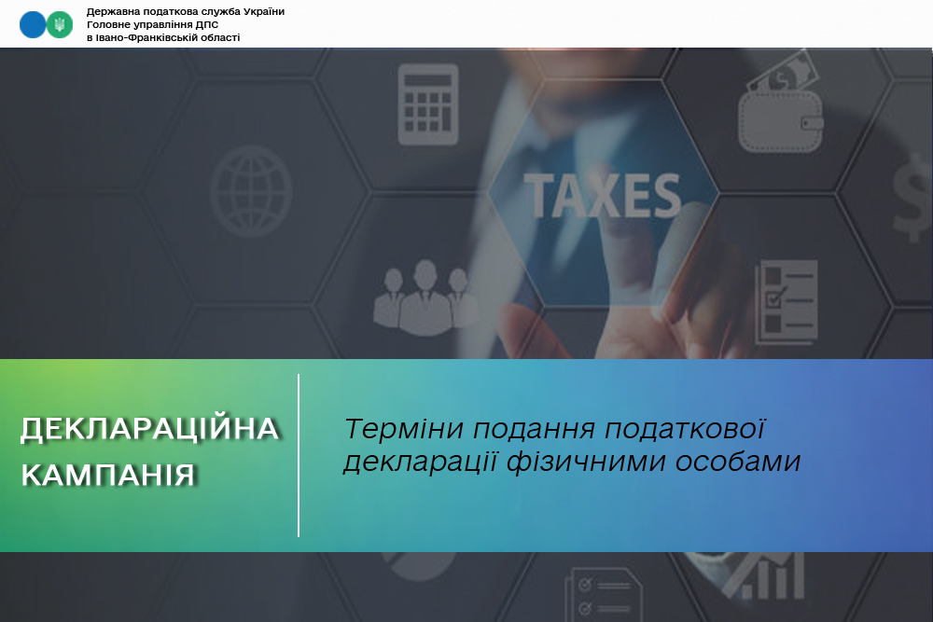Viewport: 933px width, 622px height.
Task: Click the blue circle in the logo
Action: coord(33,24)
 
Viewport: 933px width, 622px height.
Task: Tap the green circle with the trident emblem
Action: coord(60,24)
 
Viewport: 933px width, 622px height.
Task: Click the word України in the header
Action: coord(264,11)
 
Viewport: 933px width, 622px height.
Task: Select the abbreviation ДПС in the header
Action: coord(206,24)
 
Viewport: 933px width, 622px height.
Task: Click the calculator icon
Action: coord(428,104)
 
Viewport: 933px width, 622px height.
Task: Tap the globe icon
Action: coord(250,191)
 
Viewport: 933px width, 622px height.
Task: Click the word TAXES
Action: coord(602,196)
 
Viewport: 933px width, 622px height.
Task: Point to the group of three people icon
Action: coord(425,297)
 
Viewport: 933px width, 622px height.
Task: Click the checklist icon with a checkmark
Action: coord(786,302)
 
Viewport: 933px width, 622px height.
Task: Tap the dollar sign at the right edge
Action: coord(912,199)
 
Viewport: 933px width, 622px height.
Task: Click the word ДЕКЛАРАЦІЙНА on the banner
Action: coord(149,429)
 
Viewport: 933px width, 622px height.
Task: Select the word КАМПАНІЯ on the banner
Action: coord(108,475)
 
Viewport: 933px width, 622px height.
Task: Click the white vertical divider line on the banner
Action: coord(299,455)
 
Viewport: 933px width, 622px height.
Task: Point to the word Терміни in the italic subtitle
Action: coord(404,429)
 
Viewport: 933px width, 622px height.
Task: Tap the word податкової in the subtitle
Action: coord(684,429)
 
